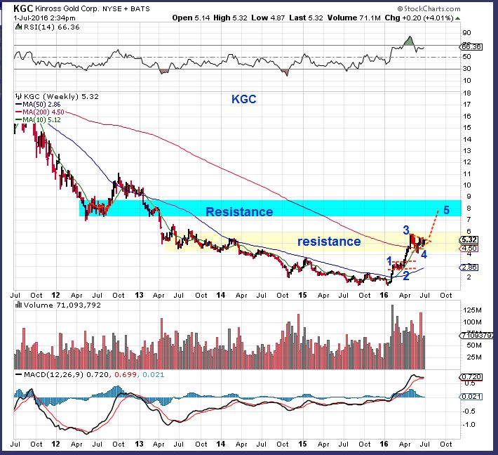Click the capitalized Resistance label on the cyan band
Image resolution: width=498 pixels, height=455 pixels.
click(x=239, y=211)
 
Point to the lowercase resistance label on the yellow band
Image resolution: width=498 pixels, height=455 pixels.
click(x=328, y=242)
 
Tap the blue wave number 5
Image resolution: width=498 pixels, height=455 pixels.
click(x=447, y=209)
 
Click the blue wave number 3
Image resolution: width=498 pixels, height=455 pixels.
click(x=405, y=230)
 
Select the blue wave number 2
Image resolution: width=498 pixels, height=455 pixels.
click(x=405, y=276)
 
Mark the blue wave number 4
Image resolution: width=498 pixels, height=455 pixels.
click(x=424, y=253)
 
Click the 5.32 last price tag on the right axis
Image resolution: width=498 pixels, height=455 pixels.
click(x=471, y=239)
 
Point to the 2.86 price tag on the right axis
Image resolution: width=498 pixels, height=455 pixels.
click(x=471, y=268)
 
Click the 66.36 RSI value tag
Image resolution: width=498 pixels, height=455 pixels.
click(x=471, y=47)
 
